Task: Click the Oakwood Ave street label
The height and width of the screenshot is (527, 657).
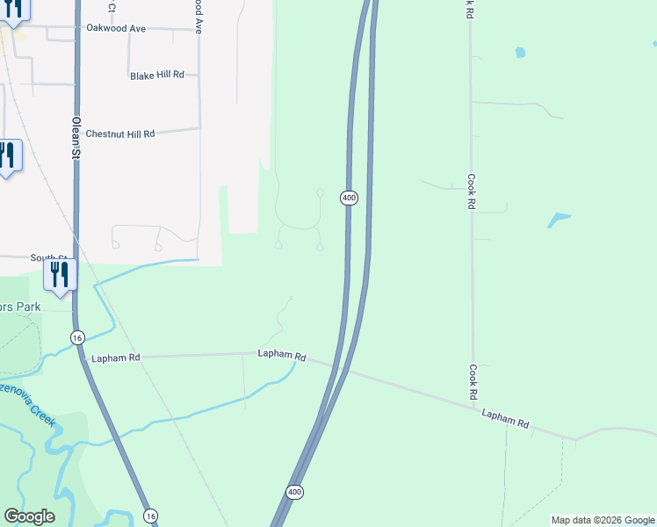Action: tap(116, 28)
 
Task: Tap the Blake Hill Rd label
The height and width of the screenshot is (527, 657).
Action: tap(157, 76)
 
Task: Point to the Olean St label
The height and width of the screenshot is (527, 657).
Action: tap(76, 139)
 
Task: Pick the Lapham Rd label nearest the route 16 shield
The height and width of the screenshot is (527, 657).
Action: tap(116, 358)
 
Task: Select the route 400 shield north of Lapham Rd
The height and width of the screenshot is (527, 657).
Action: tap(350, 198)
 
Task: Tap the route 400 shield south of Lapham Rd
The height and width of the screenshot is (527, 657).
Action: tap(295, 492)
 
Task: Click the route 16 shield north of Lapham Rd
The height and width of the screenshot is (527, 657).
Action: tap(77, 338)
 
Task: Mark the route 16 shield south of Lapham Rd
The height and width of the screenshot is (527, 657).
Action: tap(150, 516)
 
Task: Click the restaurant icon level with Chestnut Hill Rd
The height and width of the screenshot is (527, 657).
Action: tap(7, 155)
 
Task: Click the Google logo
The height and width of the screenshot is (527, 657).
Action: tap(29, 516)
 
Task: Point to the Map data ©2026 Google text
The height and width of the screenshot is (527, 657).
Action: tap(603, 520)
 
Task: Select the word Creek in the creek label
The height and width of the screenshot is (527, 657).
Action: tap(41, 416)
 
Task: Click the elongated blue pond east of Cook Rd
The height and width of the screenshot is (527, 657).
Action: tap(559, 219)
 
